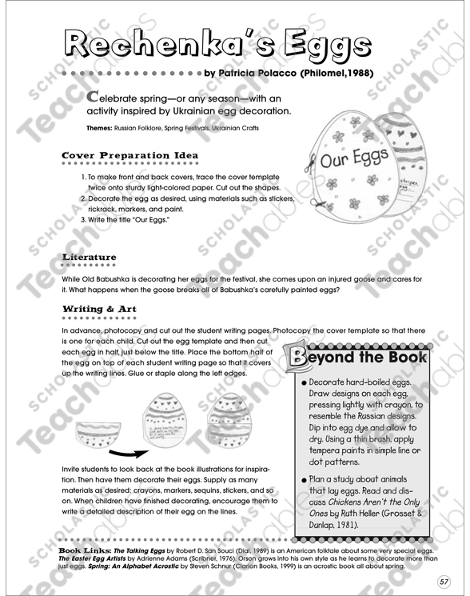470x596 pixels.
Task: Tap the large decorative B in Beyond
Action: [300, 358]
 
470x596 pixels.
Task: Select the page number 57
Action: [444, 580]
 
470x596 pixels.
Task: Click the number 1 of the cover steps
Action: [84, 176]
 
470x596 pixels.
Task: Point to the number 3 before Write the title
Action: [84, 220]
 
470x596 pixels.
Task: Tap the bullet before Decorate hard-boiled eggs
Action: [305, 383]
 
